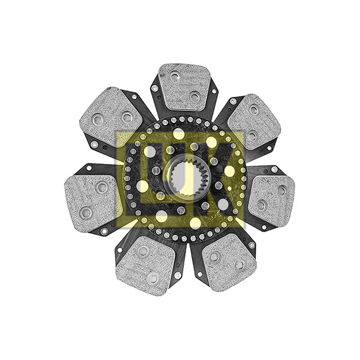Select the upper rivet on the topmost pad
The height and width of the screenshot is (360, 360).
(x=175, y=76)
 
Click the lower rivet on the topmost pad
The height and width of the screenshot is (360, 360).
(x=195, y=96)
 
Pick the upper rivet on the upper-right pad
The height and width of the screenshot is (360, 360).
(x=254, y=110)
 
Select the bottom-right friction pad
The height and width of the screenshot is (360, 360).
(x=229, y=262)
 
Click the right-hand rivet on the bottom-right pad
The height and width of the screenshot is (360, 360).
(x=240, y=265)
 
